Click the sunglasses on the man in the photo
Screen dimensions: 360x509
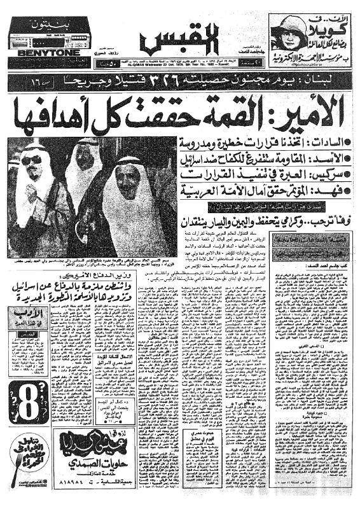(x=31, y=160)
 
